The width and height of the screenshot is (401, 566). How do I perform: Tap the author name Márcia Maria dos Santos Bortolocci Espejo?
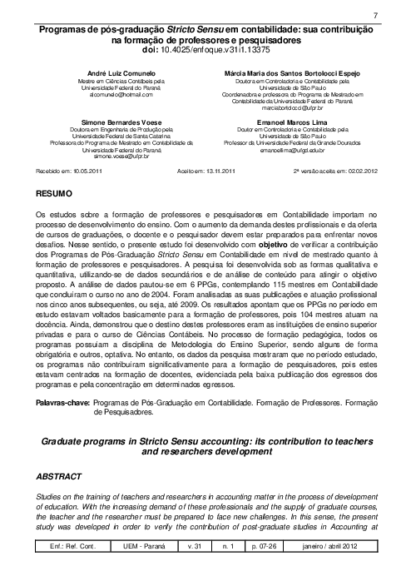click(x=285, y=73)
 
